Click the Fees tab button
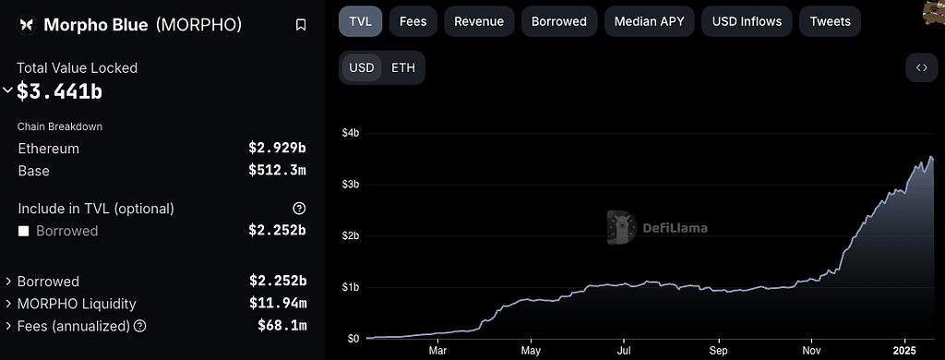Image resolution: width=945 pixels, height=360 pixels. (x=413, y=22)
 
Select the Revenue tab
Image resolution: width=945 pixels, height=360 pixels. (x=479, y=22)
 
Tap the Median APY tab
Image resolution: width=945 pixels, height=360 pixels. (x=649, y=22)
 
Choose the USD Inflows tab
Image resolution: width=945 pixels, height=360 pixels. (x=747, y=22)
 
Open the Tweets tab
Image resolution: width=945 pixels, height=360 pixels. (x=830, y=22)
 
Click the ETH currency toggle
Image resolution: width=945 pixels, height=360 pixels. (x=403, y=67)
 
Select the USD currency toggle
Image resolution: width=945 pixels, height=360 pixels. (x=362, y=67)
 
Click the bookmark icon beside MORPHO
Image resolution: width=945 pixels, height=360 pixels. (x=301, y=25)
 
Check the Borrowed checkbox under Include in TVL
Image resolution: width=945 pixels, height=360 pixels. (x=23, y=231)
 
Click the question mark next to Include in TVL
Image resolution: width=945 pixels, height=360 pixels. (x=299, y=209)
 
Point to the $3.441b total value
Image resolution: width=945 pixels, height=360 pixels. (x=59, y=91)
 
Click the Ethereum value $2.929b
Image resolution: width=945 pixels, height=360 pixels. (x=277, y=149)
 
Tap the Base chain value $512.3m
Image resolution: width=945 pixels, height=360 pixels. (x=277, y=171)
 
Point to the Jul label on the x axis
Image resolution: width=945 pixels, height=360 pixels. (x=625, y=351)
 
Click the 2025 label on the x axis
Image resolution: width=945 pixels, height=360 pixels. (x=904, y=351)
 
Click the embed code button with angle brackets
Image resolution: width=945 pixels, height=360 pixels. (x=922, y=67)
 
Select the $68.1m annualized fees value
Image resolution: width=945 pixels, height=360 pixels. (x=282, y=326)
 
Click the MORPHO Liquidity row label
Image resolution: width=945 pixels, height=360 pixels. (x=77, y=304)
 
